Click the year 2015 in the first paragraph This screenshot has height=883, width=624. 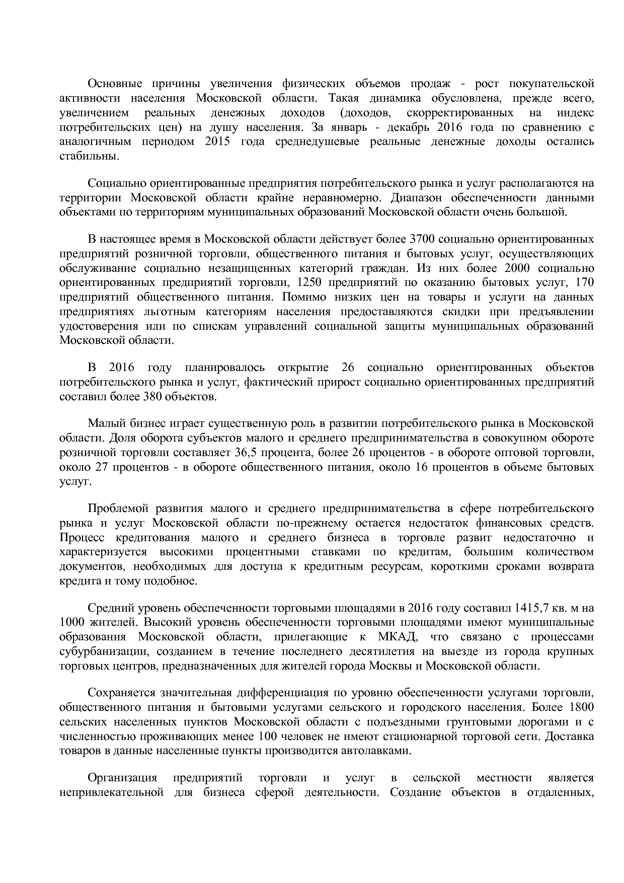tap(218, 141)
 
